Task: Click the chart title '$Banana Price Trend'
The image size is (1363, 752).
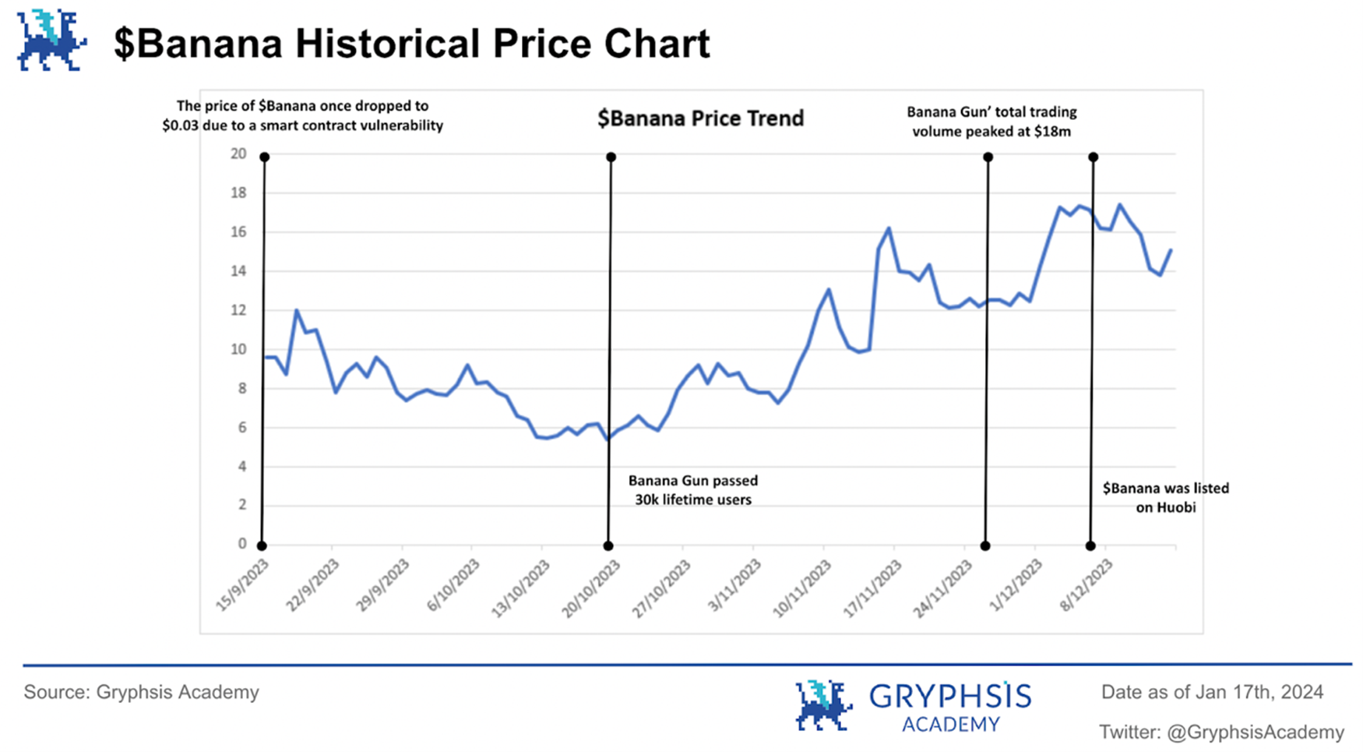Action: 700,118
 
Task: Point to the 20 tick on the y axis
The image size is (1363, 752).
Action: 238,154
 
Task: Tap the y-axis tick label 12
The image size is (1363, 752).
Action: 238,310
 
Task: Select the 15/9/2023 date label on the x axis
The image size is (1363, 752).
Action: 243,584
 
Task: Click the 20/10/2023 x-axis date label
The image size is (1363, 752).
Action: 592,588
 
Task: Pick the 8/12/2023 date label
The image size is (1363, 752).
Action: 1087,584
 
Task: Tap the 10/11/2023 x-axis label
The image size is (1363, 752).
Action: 802,588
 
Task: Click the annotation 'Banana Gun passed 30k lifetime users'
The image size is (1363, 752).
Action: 693,490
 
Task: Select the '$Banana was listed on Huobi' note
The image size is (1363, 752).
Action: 1165,497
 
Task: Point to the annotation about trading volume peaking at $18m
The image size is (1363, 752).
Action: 991,122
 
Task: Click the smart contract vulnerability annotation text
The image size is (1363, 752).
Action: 302,115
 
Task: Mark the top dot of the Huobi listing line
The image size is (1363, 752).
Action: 1094,157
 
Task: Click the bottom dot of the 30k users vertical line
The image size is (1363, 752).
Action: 608,545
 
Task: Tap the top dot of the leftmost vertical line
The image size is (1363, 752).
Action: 265,157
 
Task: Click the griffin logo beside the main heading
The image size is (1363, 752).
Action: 51,41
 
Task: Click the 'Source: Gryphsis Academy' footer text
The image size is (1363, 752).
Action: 141,692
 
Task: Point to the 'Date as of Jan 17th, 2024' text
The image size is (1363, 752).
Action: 1212,692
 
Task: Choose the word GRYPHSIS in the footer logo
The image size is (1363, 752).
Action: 949,696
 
